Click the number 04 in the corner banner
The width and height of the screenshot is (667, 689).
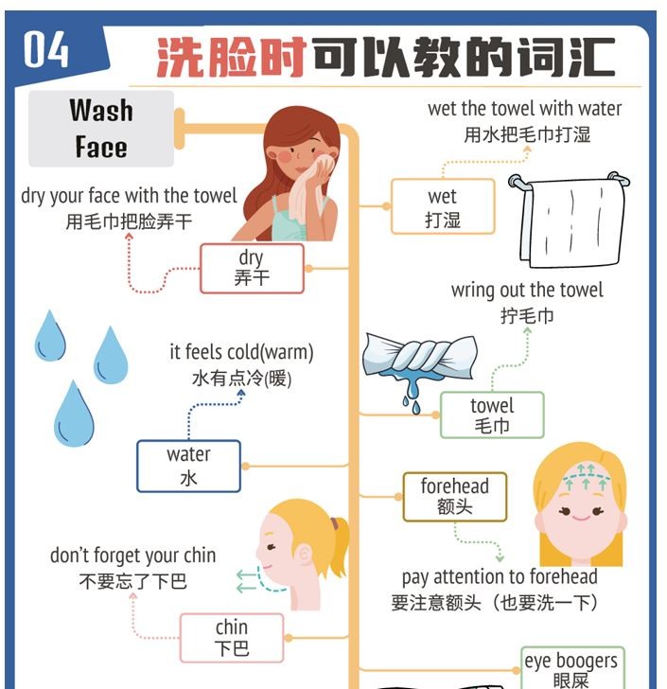pos(46,49)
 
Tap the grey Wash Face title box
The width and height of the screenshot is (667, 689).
pos(101,129)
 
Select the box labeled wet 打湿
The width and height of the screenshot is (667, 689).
pos(443,206)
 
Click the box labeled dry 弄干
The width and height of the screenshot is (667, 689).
pos(252,269)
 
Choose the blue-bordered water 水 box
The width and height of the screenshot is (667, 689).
pos(189,466)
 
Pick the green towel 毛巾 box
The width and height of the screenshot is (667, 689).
pos(492,415)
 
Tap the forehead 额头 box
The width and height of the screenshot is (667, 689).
pos(455,497)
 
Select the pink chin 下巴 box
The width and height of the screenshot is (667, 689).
pos(232,638)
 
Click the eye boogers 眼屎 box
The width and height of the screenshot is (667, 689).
pos(573,668)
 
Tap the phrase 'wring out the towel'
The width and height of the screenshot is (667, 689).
pos(527,291)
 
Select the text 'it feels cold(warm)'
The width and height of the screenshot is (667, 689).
pos(241,352)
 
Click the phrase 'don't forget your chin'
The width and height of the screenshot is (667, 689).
pos(133,556)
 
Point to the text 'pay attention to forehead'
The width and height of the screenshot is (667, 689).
pos(500,577)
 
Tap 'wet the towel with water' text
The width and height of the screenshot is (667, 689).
pos(525,109)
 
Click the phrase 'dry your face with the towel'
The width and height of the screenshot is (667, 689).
pos(129,196)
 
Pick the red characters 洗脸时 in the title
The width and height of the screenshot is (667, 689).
pos(232,57)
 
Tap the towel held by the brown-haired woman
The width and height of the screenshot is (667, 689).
pos(307,189)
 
